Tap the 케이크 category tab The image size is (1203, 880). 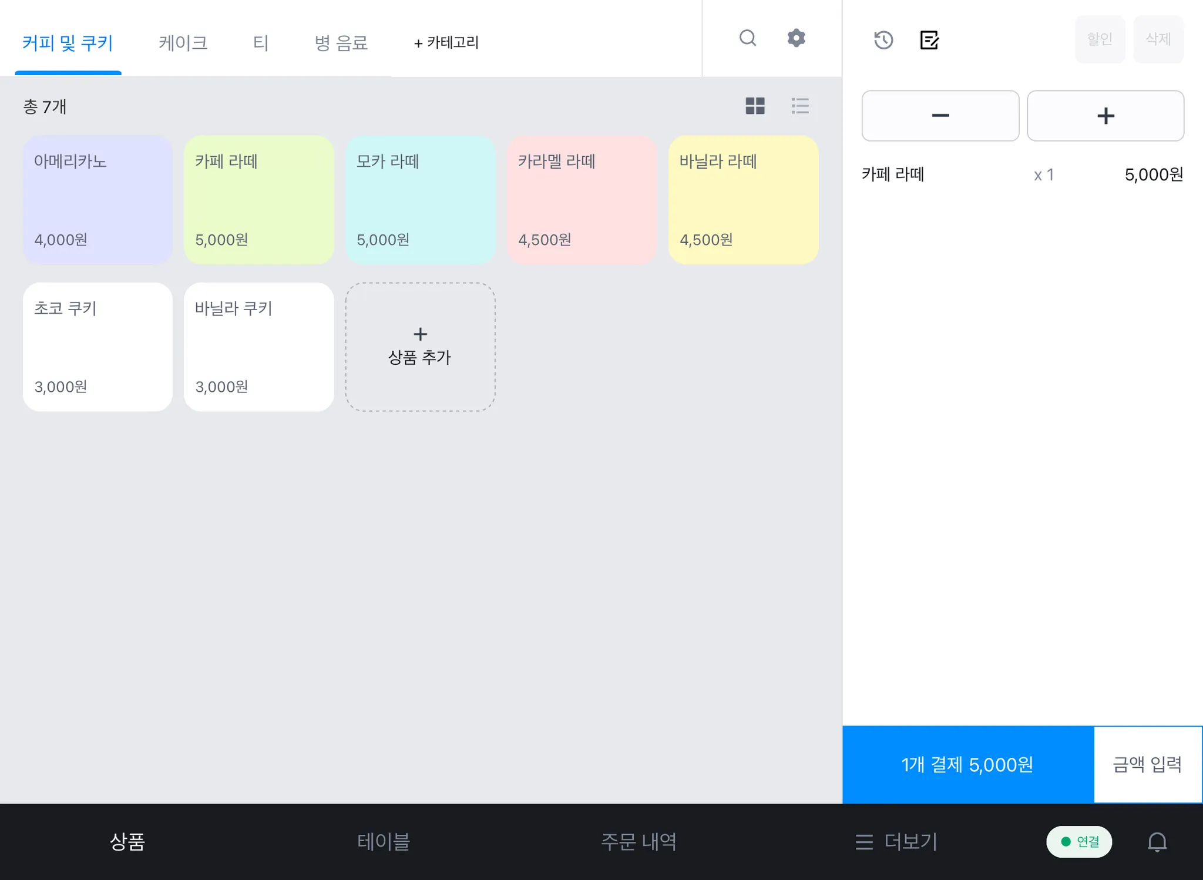(x=183, y=43)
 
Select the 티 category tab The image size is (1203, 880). (x=261, y=43)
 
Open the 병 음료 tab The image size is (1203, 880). (x=341, y=43)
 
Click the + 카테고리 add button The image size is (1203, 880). (x=446, y=43)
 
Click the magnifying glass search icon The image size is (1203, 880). (x=748, y=38)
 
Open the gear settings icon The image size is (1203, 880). (x=796, y=38)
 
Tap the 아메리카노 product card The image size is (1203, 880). (x=98, y=200)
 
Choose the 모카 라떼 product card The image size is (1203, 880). (x=420, y=200)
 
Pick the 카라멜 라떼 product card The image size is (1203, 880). (x=582, y=200)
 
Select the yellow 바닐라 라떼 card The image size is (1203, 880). (x=743, y=200)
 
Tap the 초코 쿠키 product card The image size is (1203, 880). (x=98, y=347)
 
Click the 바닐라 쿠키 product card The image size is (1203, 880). (x=258, y=347)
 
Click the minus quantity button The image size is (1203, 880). (x=940, y=116)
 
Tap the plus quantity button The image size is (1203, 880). (x=1105, y=116)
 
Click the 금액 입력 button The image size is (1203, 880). (x=1147, y=764)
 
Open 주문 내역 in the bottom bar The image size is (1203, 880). (x=639, y=841)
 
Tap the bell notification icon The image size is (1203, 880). (x=1157, y=842)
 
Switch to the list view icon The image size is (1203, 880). (x=800, y=106)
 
